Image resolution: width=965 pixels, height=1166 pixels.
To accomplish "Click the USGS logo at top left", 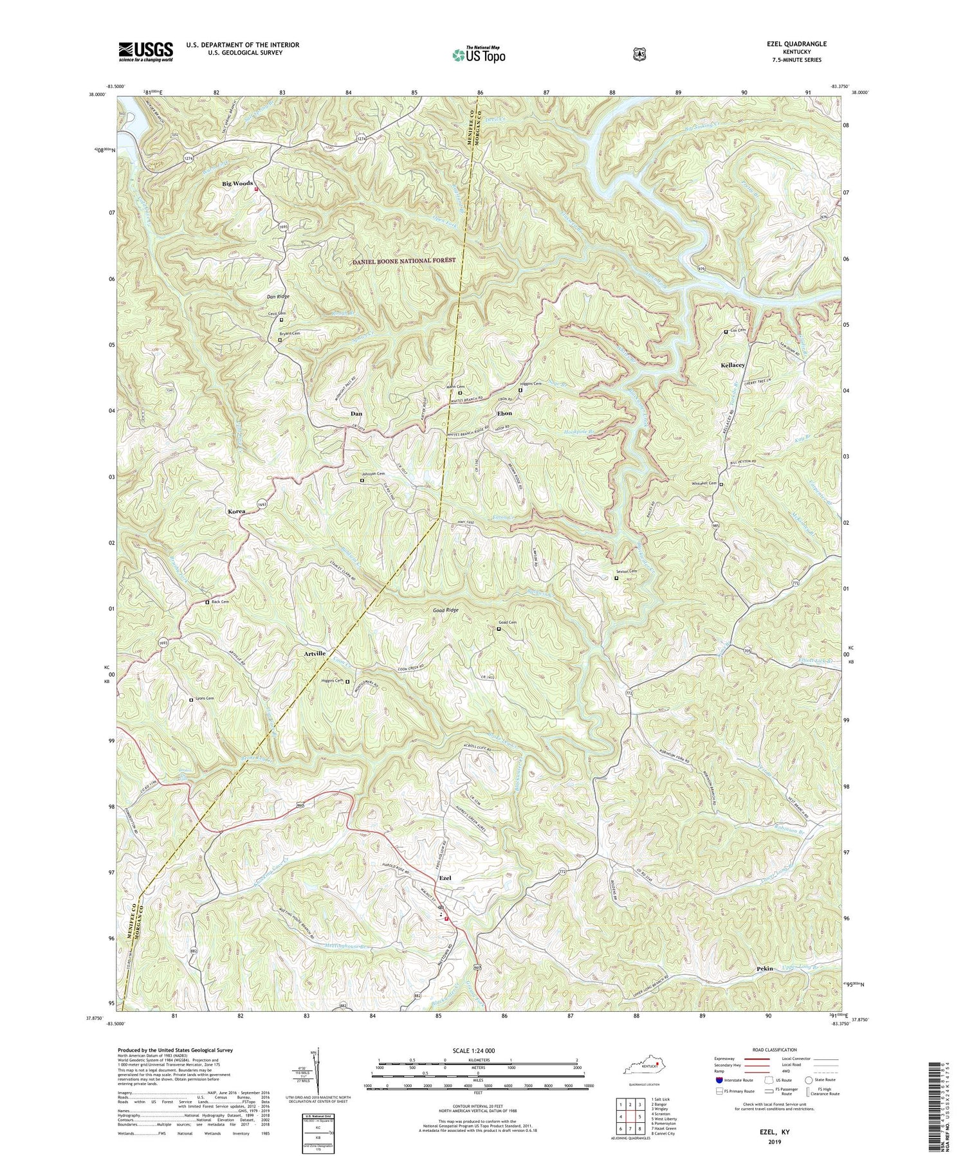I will point(145,51).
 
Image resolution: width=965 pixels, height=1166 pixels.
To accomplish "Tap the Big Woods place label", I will point(237,184).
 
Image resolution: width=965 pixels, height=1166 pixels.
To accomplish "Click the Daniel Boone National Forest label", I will point(404,260).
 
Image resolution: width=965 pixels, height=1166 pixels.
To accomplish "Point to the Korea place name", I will point(236,511).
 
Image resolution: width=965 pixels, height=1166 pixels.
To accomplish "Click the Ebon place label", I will point(504,413).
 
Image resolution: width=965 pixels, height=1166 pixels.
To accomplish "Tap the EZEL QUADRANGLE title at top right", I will point(795,44).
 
